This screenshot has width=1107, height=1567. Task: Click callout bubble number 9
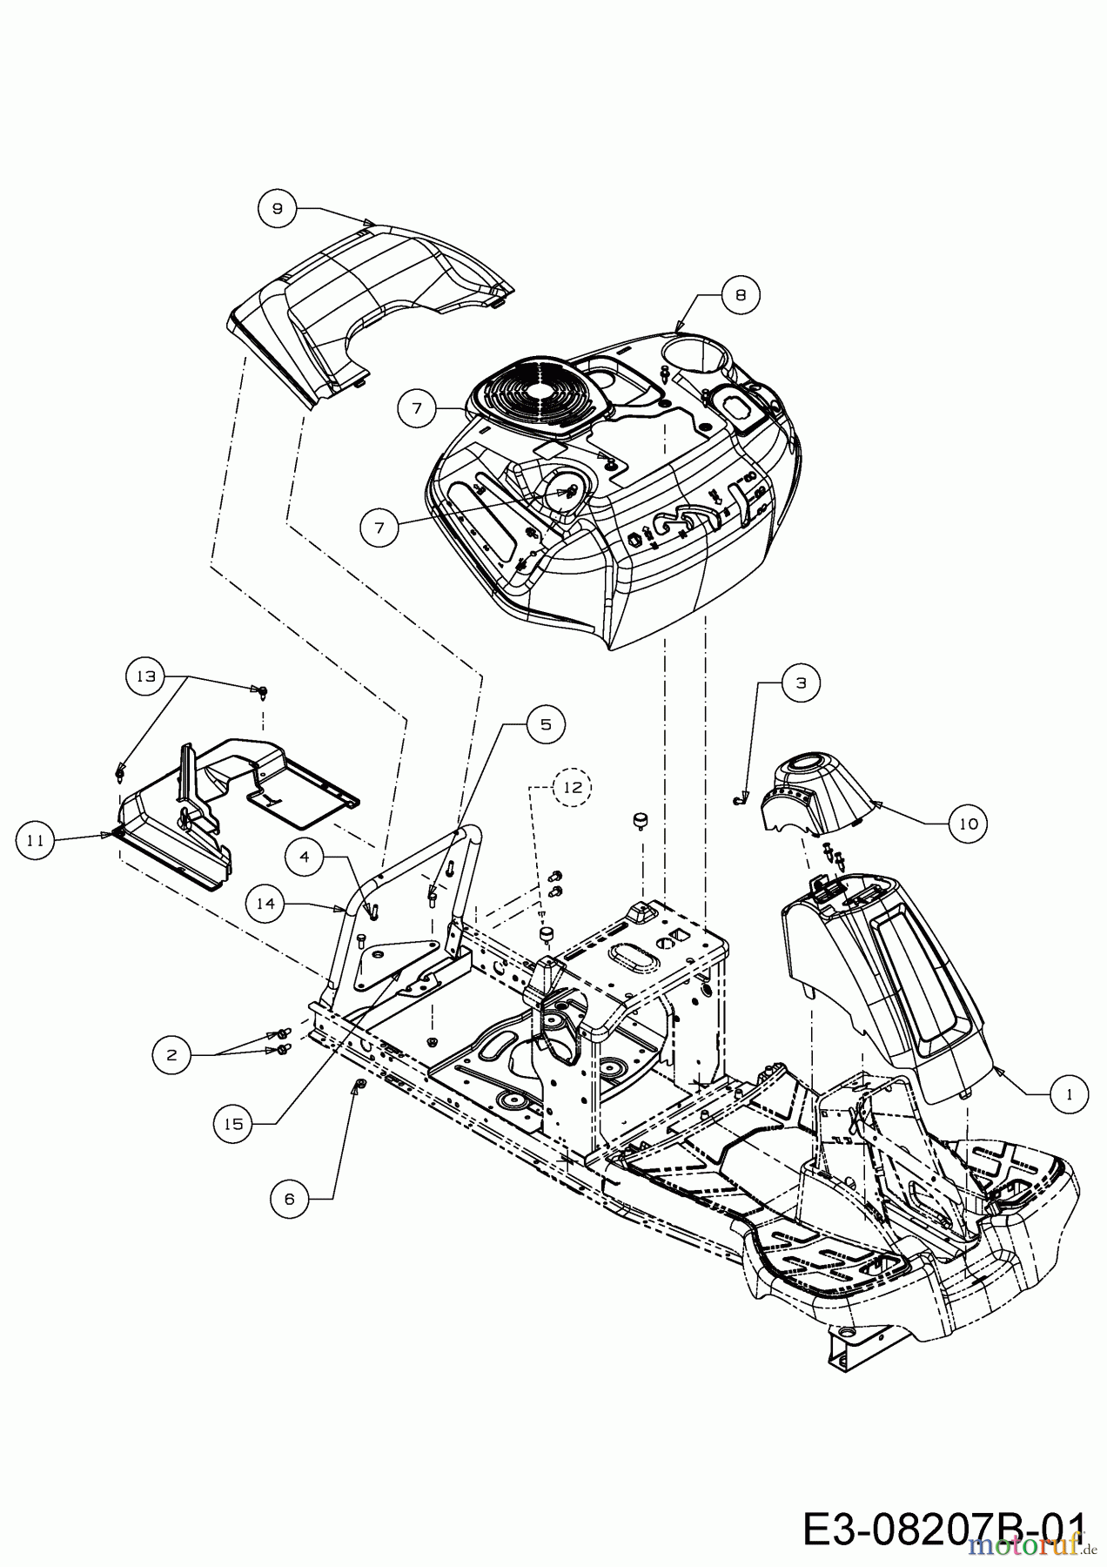click(277, 209)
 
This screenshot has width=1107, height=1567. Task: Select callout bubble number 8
click(740, 295)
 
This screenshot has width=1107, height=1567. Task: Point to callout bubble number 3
click(801, 683)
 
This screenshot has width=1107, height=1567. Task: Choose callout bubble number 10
click(968, 823)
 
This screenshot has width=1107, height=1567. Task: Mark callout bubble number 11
click(36, 840)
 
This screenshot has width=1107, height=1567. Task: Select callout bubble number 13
click(145, 676)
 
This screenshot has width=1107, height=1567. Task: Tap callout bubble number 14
click(265, 904)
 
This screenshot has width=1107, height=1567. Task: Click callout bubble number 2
click(171, 1054)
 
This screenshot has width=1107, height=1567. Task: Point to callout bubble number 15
click(233, 1124)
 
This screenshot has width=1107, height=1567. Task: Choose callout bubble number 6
click(289, 1199)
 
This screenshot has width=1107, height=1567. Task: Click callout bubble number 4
click(305, 857)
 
